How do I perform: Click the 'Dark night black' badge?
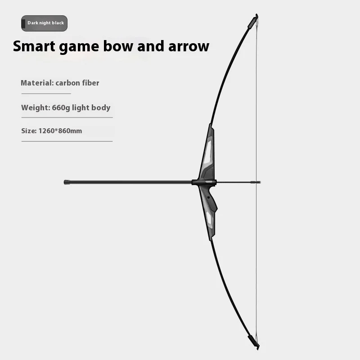coord(44,23)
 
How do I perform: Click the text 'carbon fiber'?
coord(77,83)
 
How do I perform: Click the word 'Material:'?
coord(37,83)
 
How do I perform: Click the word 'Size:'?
coord(28,131)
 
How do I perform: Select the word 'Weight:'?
coord(35,108)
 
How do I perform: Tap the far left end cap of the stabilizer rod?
coord(67,182)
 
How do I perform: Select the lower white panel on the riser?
coord(209,218)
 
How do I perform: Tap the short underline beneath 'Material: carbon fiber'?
coord(46,94)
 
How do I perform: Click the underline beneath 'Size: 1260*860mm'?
coord(67,141)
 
